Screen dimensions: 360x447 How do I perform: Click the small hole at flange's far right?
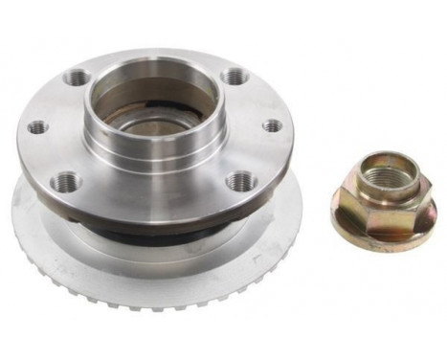[272, 125]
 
